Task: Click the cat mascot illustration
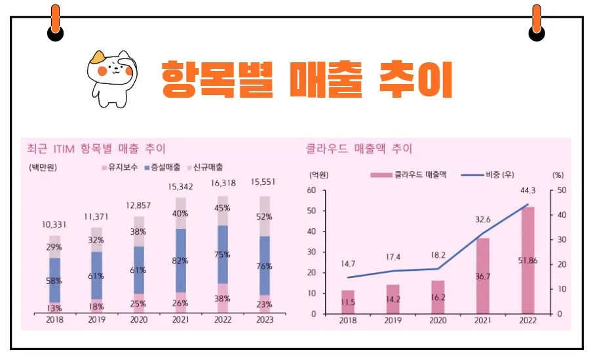111,77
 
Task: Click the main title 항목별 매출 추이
307,79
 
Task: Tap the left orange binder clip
55,23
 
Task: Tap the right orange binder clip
537,23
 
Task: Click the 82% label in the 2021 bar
181,261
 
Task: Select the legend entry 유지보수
121,167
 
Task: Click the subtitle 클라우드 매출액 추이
359,149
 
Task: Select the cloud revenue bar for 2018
348,302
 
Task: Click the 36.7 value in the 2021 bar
482,277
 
